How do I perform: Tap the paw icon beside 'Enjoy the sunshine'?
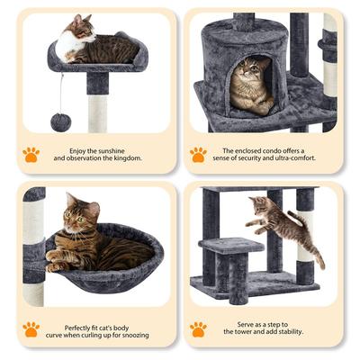coord(31,154)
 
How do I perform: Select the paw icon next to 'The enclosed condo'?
coord(197,154)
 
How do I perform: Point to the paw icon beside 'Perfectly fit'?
coord(31,328)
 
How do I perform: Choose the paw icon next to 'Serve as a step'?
coord(197,328)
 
